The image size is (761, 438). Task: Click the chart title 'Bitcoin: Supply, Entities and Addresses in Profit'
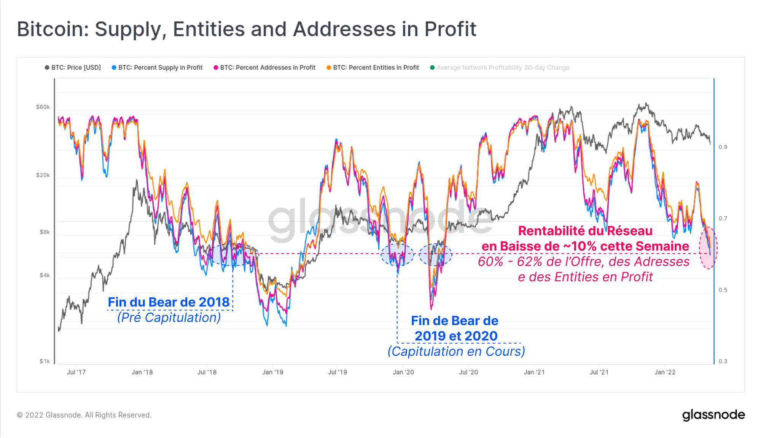[247, 29]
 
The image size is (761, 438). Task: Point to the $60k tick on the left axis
[43, 107]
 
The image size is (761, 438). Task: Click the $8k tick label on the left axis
[45, 232]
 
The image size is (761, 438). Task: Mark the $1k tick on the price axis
[45, 361]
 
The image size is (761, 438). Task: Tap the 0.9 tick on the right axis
[723, 147]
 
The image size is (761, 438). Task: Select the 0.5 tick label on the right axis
[723, 290]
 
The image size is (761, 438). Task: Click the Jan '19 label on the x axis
[273, 372]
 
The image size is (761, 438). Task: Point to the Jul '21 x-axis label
[599, 372]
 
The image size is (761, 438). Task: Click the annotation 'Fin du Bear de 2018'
[169, 302]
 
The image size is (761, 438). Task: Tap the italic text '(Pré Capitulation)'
[169, 317]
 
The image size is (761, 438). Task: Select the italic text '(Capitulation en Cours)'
[456, 351]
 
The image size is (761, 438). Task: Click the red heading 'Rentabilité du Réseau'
[585, 231]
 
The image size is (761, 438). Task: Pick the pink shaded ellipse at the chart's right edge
[708, 248]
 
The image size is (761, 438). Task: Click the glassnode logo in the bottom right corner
[713, 415]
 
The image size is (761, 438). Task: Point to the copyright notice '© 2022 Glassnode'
[84, 415]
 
